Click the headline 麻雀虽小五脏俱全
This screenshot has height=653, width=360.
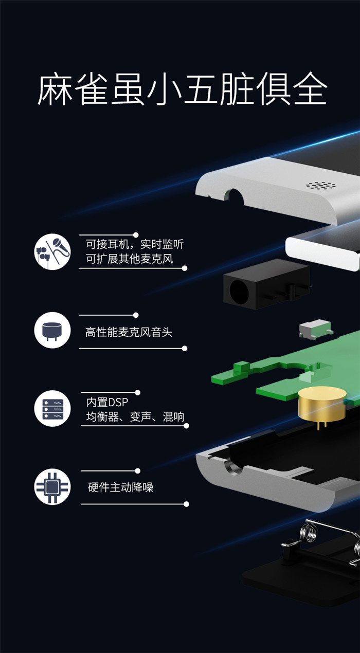182,89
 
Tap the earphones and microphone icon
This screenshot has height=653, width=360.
52,251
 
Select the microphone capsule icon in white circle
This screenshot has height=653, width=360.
52,330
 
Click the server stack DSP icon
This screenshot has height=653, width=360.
52,408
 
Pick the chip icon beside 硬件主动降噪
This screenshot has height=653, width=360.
52,486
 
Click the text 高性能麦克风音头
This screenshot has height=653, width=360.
129,332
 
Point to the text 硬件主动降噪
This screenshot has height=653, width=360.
121,487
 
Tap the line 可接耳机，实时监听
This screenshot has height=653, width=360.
135,244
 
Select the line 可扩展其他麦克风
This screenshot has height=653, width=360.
130,259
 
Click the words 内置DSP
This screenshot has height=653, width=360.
107,402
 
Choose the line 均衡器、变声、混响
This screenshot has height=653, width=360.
135,416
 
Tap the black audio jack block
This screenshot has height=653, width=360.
266,284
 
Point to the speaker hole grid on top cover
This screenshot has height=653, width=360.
320,185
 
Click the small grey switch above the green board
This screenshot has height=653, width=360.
316,329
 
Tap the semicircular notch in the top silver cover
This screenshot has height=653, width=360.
235,195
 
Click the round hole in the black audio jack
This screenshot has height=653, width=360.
239,289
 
